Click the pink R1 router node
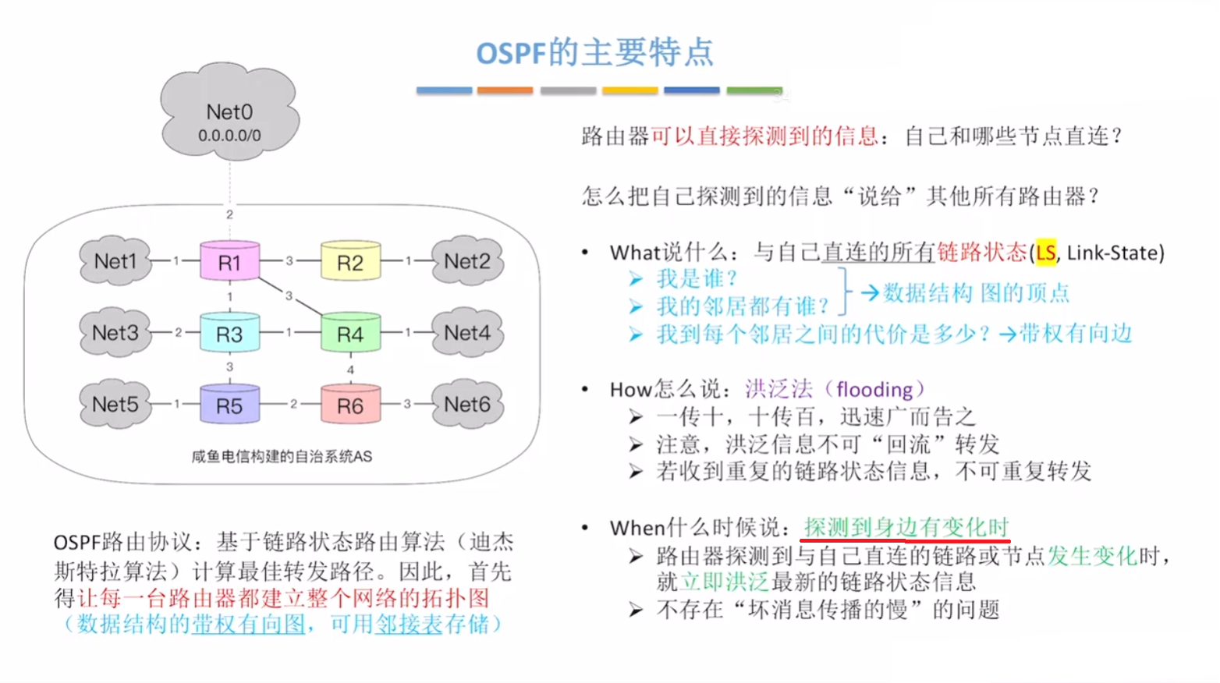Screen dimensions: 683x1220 point(229,262)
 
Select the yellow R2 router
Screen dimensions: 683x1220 point(350,262)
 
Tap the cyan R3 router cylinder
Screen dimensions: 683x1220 point(229,334)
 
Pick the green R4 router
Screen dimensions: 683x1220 point(350,334)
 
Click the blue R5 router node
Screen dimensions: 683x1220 point(229,405)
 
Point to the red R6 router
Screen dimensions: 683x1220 point(350,405)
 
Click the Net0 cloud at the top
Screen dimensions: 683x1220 point(229,117)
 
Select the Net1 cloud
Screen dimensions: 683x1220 point(115,261)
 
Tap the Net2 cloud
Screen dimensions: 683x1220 point(467,261)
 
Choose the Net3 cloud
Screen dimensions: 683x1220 point(115,333)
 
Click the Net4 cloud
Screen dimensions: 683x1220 point(467,333)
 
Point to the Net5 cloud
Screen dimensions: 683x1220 point(115,405)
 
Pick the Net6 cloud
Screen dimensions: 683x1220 point(467,405)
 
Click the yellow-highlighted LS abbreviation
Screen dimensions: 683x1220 point(1045,253)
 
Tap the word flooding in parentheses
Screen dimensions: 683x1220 point(874,389)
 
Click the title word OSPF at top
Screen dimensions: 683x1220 point(511,53)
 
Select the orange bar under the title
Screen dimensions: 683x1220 point(505,90)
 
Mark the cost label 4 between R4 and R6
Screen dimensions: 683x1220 point(350,370)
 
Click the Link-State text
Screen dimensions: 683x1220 point(1113,253)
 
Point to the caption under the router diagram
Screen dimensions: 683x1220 point(282,456)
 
